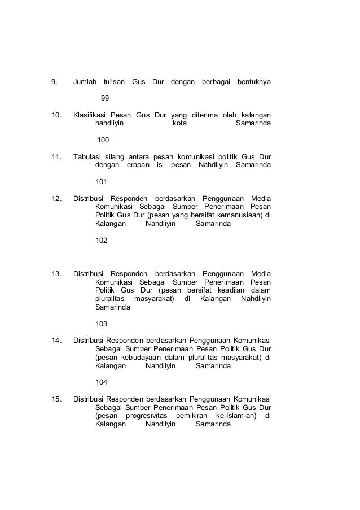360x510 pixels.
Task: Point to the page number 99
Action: click(104, 98)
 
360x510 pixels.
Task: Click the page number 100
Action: click(103, 140)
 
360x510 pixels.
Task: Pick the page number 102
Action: click(102, 240)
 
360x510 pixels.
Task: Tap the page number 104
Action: click(102, 382)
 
